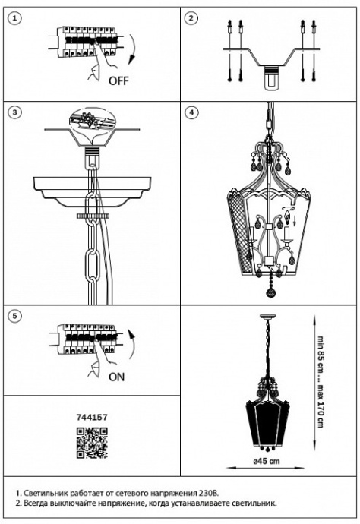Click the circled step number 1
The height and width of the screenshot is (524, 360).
tap(14, 18)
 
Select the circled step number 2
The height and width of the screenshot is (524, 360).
tap(191, 18)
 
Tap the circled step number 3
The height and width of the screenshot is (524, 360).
tap(14, 112)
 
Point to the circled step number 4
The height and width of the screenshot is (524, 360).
tap(191, 112)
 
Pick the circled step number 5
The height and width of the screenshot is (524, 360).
tap(14, 316)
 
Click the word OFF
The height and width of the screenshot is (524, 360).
tap(118, 80)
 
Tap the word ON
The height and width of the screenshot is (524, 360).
tap(116, 377)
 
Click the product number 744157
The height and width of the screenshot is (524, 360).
tap(92, 418)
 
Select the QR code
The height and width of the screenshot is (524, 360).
tap(92, 443)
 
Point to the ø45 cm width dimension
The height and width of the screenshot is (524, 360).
tap(266, 462)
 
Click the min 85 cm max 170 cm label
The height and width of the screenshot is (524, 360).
tap(321, 381)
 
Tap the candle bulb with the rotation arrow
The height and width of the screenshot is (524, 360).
tap(286, 217)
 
